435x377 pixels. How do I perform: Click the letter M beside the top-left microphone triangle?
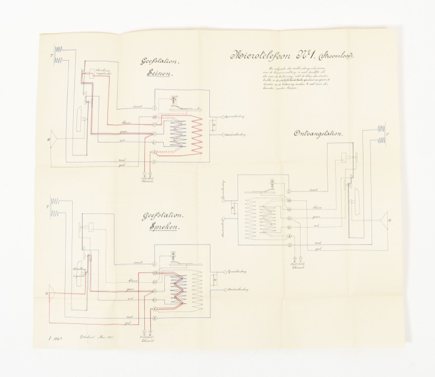[x=49, y=140]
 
